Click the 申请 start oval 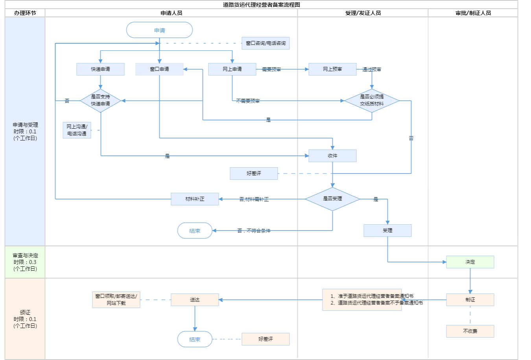pyautogui.click(x=159, y=30)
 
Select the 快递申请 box pyautogui.click(x=100, y=69)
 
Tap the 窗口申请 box pyautogui.click(x=159, y=69)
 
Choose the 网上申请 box pyautogui.click(x=232, y=69)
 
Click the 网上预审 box pyautogui.click(x=332, y=69)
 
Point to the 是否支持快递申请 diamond pyautogui.click(x=100, y=100)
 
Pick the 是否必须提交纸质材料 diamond pyautogui.click(x=372, y=100)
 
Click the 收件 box pyautogui.click(x=332, y=156)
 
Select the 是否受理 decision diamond pyautogui.click(x=332, y=199)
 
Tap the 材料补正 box pyautogui.click(x=195, y=199)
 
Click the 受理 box pyautogui.click(x=387, y=231)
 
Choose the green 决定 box pyautogui.click(x=470, y=262)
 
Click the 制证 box pyautogui.click(x=470, y=300)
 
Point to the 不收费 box pyautogui.click(x=470, y=331)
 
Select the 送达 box pyautogui.click(x=195, y=300)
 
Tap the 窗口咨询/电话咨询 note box pyautogui.click(x=265, y=43)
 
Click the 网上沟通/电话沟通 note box pyautogui.click(x=77, y=130)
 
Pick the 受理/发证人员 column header pyautogui.click(x=363, y=13)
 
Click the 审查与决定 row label pyautogui.click(x=25, y=262)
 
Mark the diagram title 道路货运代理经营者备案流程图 pyautogui.click(x=261, y=5)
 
